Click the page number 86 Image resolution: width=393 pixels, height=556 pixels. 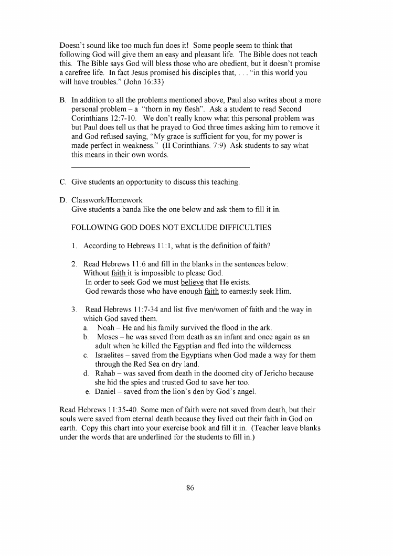click(x=190, y=487)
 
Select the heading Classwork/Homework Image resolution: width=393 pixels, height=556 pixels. click(x=107, y=200)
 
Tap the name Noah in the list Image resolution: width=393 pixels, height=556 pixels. click(x=106, y=327)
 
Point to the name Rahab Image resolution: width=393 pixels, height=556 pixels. click(x=105, y=373)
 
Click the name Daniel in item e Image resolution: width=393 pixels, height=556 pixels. click(x=107, y=391)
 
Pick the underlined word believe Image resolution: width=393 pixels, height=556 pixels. click(x=192, y=282)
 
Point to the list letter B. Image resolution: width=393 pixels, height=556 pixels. click(x=63, y=100)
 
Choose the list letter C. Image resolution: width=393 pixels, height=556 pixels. click(x=63, y=182)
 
